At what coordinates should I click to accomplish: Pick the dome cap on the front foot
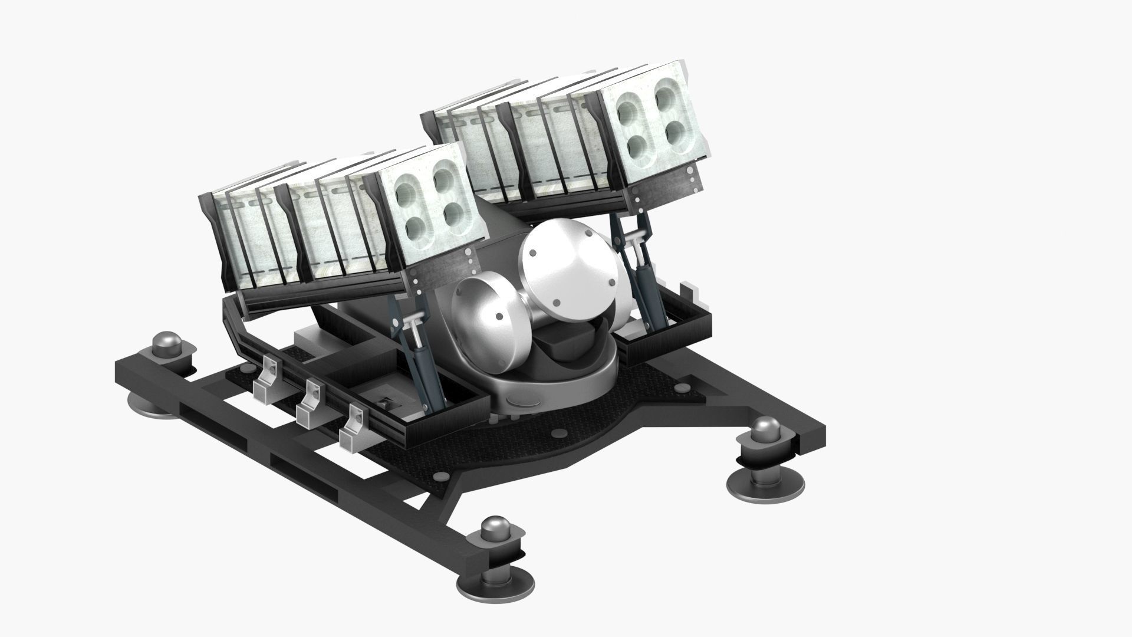(x=495, y=529)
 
